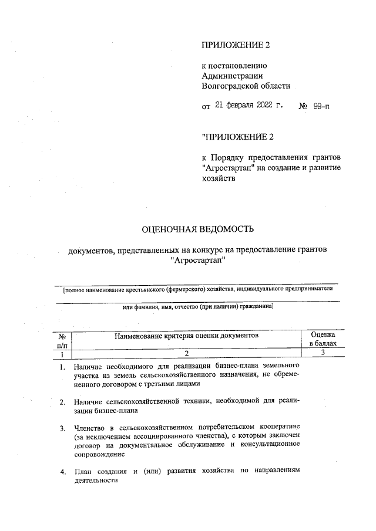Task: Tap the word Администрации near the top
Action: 232,75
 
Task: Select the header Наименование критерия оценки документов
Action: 187,335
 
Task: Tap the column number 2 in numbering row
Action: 187,354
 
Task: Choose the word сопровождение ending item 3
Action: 102,454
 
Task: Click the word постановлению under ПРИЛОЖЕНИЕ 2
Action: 235,65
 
